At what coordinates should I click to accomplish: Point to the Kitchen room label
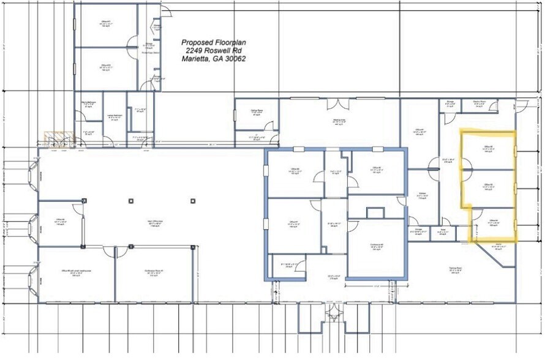[x=423, y=193]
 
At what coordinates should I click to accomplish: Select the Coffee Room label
[x=257, y=111]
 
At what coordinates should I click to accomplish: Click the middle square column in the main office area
[x=131, y=200]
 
